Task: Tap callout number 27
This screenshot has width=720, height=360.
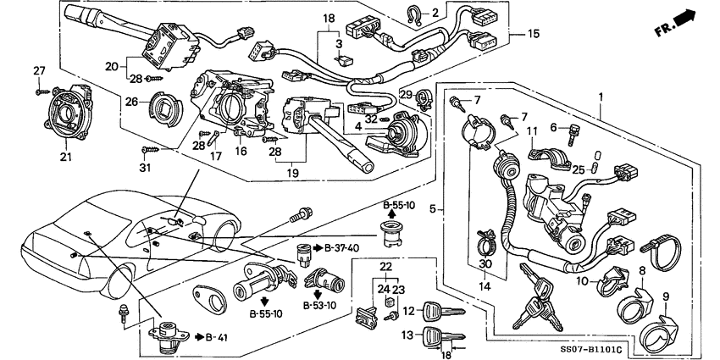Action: point(39,69)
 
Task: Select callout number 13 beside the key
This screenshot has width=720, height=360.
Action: point(407,335)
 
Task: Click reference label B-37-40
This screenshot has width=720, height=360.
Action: point(342,248)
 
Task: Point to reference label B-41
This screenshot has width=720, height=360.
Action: point(197,337)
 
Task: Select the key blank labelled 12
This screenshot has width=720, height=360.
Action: point(442,310)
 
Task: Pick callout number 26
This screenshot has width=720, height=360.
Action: point(131,103)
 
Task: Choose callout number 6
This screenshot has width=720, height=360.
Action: point(554,127)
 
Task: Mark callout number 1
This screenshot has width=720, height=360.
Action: point(601,97)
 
